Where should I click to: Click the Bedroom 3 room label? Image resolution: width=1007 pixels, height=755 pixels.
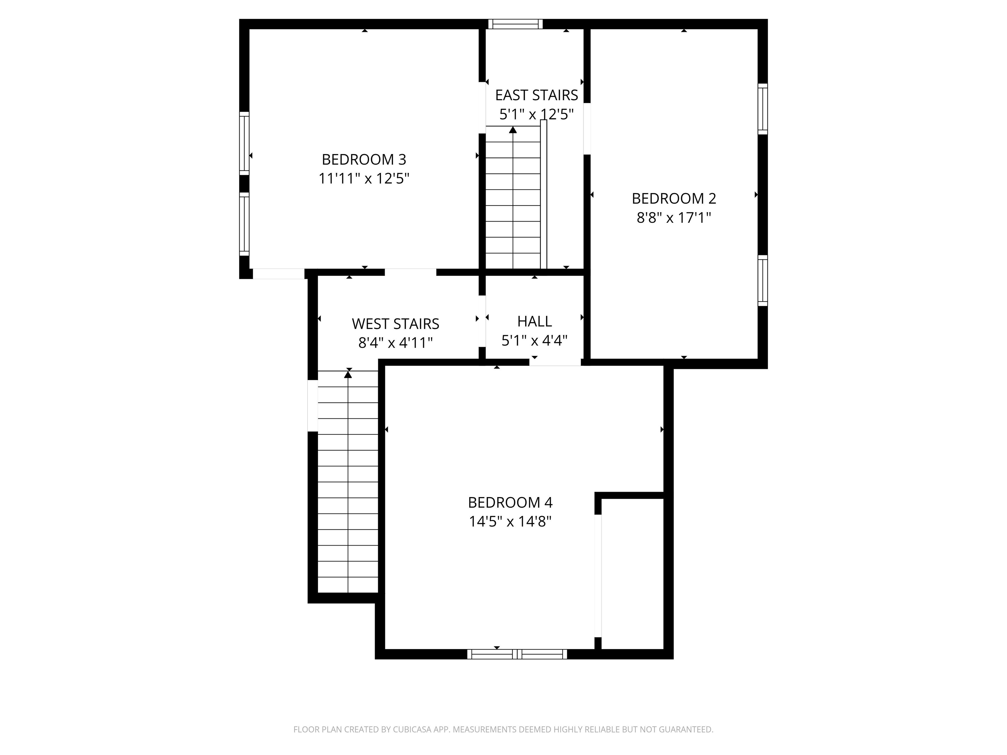click(x=364, y=159)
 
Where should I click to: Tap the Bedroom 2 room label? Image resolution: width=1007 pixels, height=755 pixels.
click(x=674, y=199)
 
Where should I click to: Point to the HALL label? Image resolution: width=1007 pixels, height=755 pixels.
click(x=534, y=321)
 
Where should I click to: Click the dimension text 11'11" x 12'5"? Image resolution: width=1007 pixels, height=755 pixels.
click(x=364, y=178)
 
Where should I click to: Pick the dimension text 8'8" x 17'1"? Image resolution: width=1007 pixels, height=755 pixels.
click(x=674, y=218)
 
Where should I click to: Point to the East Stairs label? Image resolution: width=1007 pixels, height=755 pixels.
click(x=536, y=95)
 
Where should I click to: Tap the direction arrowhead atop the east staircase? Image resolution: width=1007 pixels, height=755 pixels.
click(x=513, y=130)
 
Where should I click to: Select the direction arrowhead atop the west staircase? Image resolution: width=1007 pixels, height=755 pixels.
click(x=348, y=375)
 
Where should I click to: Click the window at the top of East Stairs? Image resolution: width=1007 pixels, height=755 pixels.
click(x=516, y=24)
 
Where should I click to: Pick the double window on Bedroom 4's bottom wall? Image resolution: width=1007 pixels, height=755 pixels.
click(x=517, y=654)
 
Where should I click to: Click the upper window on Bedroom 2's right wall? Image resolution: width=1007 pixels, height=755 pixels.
click(x=762, y=109)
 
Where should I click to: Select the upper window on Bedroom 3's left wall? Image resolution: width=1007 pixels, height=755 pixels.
click(x=245, y=143)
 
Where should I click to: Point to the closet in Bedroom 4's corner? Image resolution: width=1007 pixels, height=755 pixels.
click(x=632, y=574)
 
